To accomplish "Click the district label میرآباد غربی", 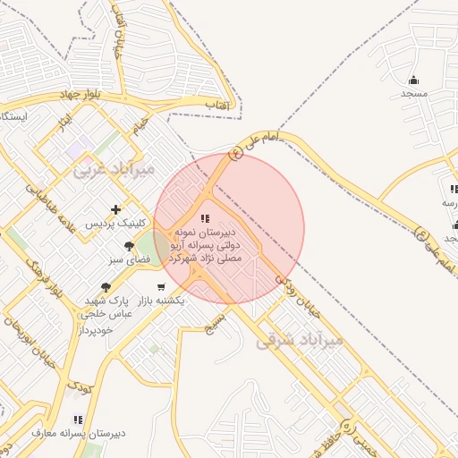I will [x=114, y=168].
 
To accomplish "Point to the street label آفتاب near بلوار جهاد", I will [x=218, y=106].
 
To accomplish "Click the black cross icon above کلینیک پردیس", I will [x=115, y=209].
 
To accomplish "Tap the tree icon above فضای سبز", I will [x=130, y=246].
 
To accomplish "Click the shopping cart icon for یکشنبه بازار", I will [x=160, y=287].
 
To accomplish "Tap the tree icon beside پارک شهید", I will [x=106, y=287].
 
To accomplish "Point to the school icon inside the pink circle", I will [x=205, y=217].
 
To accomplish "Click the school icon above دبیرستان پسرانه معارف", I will [x=78, y=419].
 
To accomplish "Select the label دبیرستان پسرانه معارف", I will [x=79, y=433].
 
